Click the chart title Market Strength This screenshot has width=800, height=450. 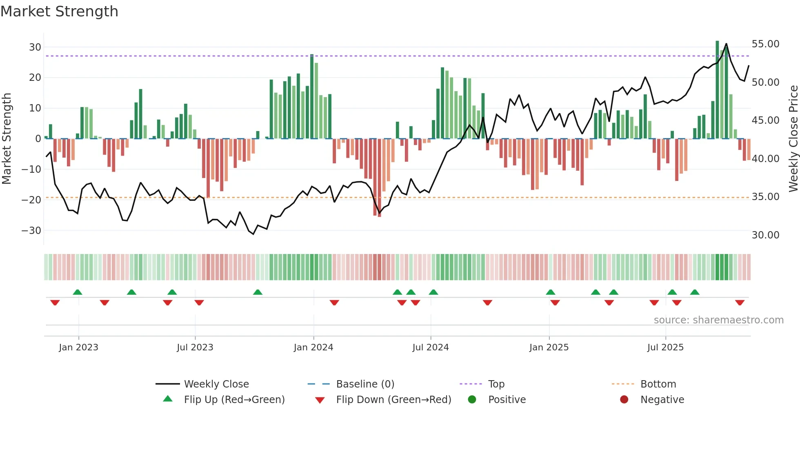tap(59, 11)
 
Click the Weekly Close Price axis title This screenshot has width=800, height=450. tap(793, 139)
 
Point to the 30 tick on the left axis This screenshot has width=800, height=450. tap(35, 47)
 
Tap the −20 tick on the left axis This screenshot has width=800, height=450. tap(32, 200)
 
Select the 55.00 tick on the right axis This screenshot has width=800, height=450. tap(765, 44)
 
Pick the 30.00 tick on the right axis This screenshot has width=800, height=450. tap(765, 235)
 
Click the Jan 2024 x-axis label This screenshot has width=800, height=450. tap(313, 348)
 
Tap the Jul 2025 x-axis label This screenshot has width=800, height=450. tap(665, 348)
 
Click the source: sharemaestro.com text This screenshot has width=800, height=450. tap(718, 320)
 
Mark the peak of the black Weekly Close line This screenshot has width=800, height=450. tap(726, 44)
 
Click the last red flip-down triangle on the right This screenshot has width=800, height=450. tap(740, 303)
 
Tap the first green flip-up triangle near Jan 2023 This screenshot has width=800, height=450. tap(78, 292)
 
